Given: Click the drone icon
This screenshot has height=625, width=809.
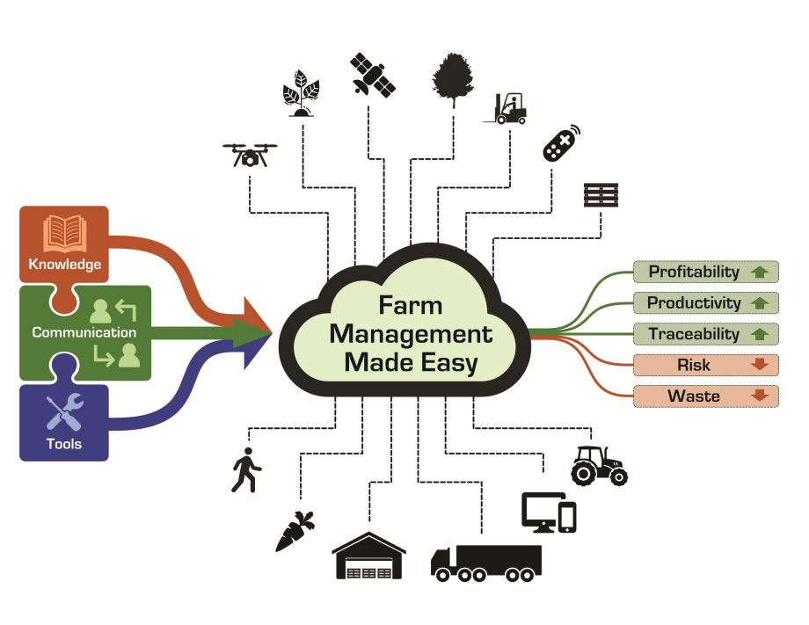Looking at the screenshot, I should click(250, 156).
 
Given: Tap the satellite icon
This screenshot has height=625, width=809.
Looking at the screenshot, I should click(373, 74).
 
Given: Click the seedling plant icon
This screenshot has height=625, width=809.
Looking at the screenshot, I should click(302, 92).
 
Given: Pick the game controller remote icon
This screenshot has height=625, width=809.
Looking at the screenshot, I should click(563, 143).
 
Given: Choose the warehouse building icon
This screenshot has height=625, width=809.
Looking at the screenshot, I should click(368, 556).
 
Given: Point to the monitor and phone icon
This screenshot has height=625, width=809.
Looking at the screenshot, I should click(549, 512).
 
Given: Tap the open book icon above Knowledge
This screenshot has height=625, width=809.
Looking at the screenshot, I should click(65, 233).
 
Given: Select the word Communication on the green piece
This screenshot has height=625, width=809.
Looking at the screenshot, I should click(84, 333).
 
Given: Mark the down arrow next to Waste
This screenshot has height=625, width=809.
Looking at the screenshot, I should click(760, 396).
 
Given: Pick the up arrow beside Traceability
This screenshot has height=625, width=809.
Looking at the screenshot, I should click(760, 335).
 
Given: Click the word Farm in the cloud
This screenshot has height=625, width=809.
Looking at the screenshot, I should click(411, 306).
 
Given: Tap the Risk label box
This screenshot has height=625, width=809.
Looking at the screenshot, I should click(694, 365).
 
